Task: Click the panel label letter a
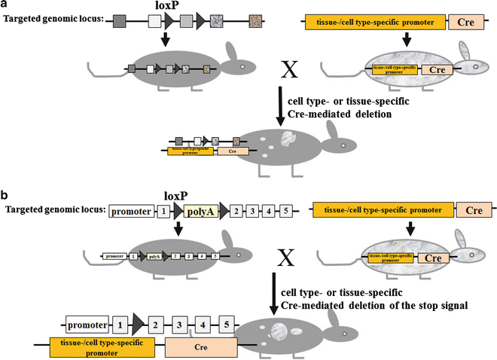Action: coord(5,5)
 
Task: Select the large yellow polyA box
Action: coord(198,211)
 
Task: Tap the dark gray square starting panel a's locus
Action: coord(119,24)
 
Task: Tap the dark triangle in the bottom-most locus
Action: coord(138,325)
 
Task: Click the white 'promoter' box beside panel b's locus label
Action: coord(131,212)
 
